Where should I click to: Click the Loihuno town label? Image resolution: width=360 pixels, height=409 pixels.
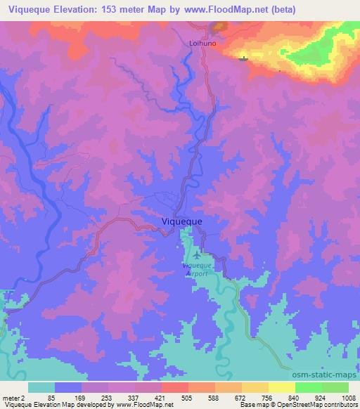point(201,42)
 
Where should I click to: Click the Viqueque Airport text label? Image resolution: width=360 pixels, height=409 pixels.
point(196,270)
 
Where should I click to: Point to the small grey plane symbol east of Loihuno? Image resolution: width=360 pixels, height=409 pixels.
point(243,58)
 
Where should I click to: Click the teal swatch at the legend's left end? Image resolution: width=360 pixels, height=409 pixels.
point(41,387)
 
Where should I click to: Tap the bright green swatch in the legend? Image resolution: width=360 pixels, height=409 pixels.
point(308,387)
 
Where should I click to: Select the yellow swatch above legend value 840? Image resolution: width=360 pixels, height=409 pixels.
point(281,387)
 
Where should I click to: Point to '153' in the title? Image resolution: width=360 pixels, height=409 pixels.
point(112,11)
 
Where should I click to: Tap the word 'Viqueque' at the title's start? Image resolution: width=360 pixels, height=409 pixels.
point(30,11)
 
